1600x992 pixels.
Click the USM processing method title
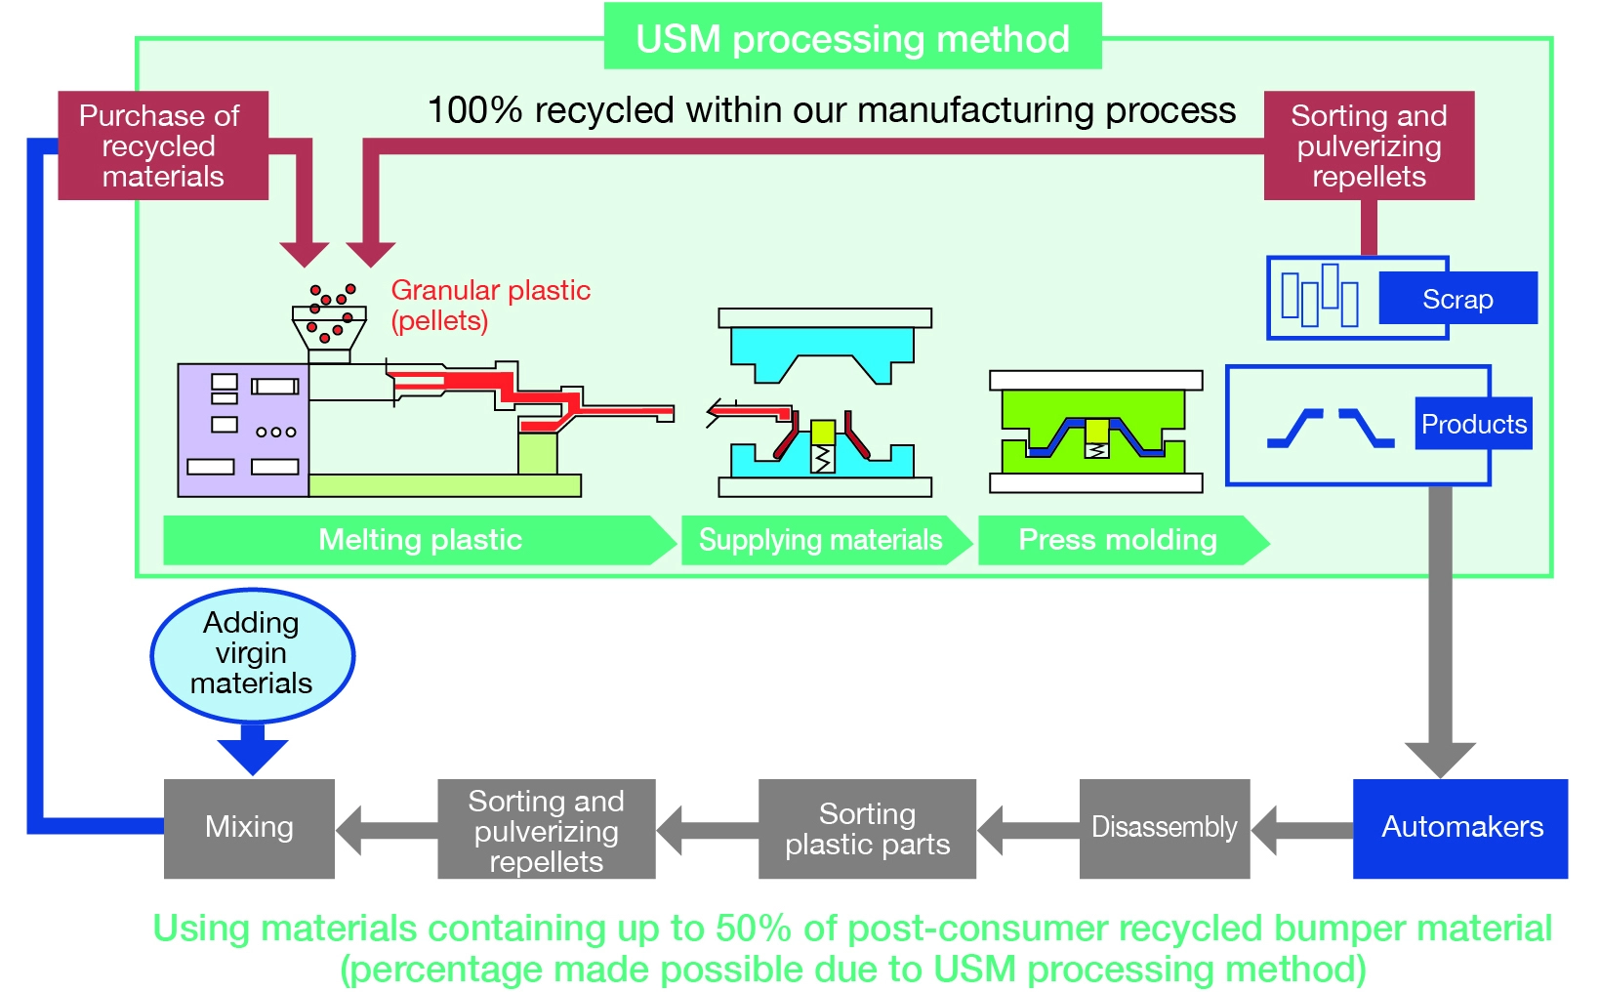click(x=852, y=39)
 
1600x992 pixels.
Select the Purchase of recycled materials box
click(x=162, y=145)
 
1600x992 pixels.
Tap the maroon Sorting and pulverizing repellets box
click(x=1369, y=145)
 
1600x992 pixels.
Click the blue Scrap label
click(x=1457, y=299)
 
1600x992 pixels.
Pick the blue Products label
click(x=1473, y=424)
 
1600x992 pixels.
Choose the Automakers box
click(x=1460, y=828)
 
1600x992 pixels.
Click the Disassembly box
click(x=1164, y=828)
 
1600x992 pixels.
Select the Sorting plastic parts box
click(x=867, y=829)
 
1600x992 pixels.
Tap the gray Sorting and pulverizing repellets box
click(x=546, y=830)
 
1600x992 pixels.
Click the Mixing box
click(x=249, y=828)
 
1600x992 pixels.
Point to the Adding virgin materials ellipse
click(x=252, y=653)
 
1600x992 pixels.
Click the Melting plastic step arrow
click(x=420, y=540)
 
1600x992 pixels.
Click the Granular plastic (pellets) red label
click(x=490, y=305)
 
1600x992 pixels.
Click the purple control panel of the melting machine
click(x=243, y=430)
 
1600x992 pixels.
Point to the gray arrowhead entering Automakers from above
click(x=1440, y=759)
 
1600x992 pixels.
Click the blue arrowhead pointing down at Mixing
click(x=253, y=755)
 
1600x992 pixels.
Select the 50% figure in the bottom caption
click(x=753, y=929)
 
